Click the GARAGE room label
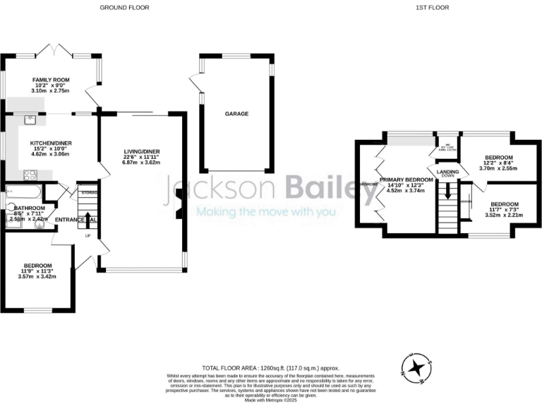click(x=236, y=113)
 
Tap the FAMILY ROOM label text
click(x=49, y=81)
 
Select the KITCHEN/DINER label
click(x=49, y=143)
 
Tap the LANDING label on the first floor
click(x=447, y=172)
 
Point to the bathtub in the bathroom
click(x=21, y=191)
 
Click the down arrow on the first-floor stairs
click(x=447, y=191)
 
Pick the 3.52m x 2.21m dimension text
click(x=504, y=210)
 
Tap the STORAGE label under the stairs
click(x=89, y=192)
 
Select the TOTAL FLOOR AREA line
click(x=270, y=369)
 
